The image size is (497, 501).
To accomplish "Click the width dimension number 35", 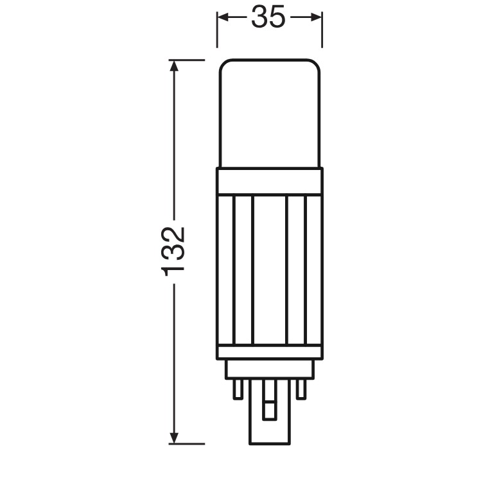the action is pos(268,17).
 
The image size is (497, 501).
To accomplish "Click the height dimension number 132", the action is pos(173,251).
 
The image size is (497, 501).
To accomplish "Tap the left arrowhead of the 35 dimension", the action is pos(223,17).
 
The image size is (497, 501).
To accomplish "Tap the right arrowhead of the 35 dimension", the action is pos(317,17).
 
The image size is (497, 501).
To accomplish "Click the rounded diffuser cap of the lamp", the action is pos(269,113).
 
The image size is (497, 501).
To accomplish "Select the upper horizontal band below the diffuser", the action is pos(270,181).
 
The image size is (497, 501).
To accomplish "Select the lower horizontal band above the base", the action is pos(270,352).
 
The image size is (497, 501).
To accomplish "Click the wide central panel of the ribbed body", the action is pos(270,269).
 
